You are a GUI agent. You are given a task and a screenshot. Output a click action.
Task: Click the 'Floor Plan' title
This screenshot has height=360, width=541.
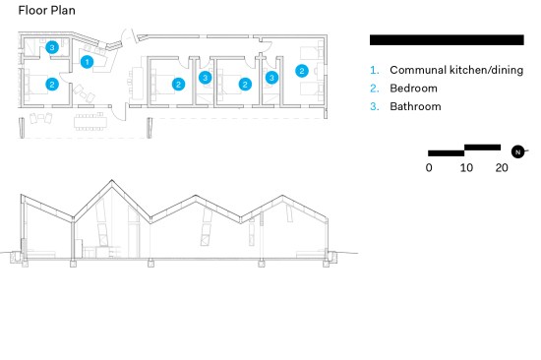coord(46,11)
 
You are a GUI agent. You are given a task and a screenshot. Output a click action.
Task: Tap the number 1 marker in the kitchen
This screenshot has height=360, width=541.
coord(87,62)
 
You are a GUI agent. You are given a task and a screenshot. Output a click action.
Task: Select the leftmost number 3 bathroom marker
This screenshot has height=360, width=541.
coord(52,47)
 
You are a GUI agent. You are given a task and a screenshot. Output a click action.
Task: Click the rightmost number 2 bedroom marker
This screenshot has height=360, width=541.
coord(302,71)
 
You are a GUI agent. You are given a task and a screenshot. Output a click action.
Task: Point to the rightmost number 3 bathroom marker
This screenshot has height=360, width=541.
coord(271,78)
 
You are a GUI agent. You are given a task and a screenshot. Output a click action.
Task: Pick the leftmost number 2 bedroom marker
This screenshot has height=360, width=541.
coord(52,85)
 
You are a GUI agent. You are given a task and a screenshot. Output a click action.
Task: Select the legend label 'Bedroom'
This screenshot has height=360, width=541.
coord(413,89)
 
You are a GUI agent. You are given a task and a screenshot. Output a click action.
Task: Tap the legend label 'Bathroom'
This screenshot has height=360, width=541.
coord(415,106)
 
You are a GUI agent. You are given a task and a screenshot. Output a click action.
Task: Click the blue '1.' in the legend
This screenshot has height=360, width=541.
coord(375,70)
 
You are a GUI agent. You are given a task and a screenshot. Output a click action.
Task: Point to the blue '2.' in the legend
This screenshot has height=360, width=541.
coord(375,89)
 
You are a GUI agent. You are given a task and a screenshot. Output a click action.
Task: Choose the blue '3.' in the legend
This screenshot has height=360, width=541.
coord(375,106)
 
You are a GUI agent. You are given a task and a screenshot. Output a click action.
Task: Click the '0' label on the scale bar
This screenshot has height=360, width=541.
coord(429,168)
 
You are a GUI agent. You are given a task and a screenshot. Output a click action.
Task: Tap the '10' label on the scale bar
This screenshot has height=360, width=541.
coord(466,168)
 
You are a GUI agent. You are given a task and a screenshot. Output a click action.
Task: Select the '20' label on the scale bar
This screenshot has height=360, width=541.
coord(502,168)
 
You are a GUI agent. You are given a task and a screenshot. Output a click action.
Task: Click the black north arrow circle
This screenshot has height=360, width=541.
coord(517,151)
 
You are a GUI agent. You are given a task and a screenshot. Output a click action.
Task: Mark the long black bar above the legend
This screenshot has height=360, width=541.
coord(447,40)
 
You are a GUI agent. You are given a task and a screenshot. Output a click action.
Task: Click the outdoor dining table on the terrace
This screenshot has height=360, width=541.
coord(90,122)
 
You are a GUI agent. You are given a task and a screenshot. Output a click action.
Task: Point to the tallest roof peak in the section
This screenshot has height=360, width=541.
coord(111,180)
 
